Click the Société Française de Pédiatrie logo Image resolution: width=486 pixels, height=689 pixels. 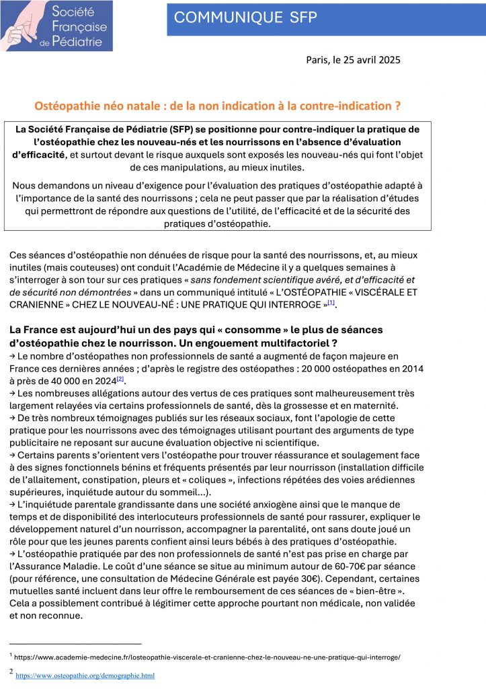tap(56, 26)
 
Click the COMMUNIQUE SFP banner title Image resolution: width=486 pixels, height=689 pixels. tap(245, 18)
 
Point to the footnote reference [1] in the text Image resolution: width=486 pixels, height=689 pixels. tap(331, 303)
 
